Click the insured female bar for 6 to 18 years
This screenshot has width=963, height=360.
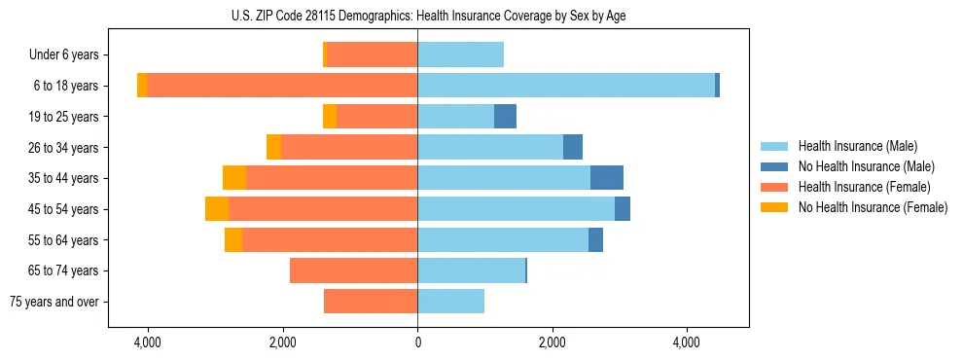[282, 86]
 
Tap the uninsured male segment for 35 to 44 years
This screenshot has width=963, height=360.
[607, 178]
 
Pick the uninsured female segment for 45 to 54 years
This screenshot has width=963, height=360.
[217, 209]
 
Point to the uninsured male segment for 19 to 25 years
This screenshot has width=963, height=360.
[505, 117]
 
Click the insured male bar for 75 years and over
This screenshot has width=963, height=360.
[451, 302]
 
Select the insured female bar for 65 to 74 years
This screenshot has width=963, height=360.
[354, 270]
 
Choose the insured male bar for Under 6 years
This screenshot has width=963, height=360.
[461, 54]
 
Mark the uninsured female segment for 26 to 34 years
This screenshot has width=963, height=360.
[274, 147]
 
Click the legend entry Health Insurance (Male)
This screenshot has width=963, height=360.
[857, 146]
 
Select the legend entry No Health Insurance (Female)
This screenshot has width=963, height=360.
[872, 207]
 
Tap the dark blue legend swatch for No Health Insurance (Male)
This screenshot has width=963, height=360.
[774, 166]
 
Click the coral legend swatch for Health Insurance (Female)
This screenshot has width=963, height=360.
[774, 187]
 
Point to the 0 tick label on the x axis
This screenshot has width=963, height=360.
[418, 342]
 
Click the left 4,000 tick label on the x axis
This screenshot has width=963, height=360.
[148, 342]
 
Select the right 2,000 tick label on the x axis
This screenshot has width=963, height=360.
[552, 342]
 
